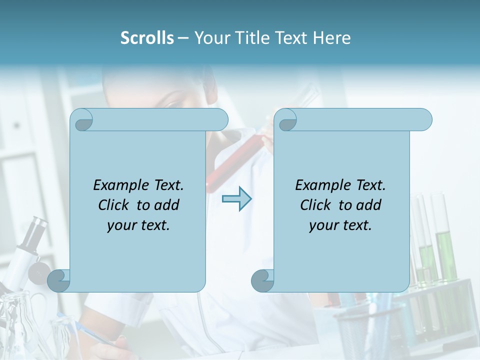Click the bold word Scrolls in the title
coord(147,37)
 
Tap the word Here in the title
coord(332,37)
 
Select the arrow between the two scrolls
coord(236,198)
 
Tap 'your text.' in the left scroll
coord(138,225)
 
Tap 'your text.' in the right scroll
coord(340,225)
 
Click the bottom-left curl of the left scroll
coord(59,280)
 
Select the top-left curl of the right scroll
coord(286,120)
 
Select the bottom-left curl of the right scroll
coord(263,280)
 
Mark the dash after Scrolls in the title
coord(183,37)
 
